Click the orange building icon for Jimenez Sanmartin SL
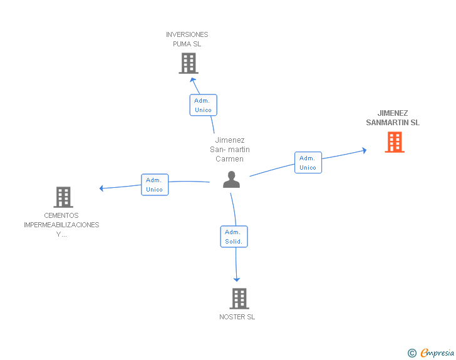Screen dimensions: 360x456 [394, 142]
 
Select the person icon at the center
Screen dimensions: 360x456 [232, 180]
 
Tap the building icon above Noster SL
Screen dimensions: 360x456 [239, 299]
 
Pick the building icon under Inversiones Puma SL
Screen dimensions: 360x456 [188, 63]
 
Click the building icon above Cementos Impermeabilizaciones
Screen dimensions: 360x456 [63, 197]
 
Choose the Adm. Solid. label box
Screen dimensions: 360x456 [234, 237]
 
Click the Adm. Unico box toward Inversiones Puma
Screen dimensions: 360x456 [203, 105]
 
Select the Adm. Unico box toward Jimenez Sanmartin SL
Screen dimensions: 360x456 [308, 163]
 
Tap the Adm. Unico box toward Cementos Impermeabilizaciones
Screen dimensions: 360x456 [154, 185]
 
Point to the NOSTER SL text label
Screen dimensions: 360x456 [237, 317]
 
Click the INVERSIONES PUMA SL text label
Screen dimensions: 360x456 [187, 39]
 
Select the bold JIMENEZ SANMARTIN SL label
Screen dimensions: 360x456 [393, 118]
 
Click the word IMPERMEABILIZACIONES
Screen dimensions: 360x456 [61, 225]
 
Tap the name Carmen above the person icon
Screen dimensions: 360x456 [229, 158]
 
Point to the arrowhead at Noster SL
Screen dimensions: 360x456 [237, 279]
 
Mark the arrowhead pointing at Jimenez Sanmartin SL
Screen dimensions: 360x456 [364, 150]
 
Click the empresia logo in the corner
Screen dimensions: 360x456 [437, 352]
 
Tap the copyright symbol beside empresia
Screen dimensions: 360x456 [412, 353]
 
